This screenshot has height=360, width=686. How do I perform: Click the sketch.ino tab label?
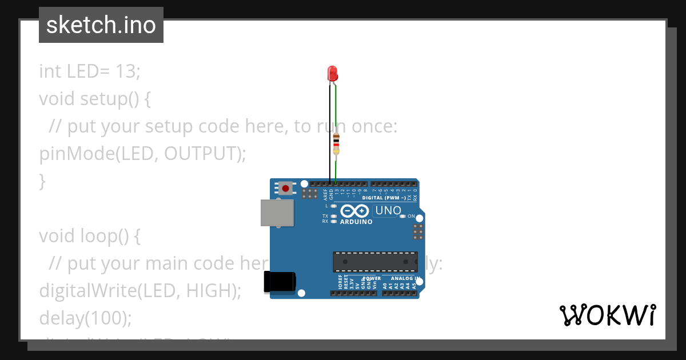pyautogui.click(x=101, y=25)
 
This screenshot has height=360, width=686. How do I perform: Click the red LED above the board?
pyautogui.click(x=333, y=73)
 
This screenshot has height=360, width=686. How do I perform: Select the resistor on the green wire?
pyautogui.click(x=336, y=142)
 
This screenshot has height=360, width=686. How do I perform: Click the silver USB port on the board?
pyautogui.click(x=277, y=213)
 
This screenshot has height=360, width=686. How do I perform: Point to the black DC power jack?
pyautogui.click(x=279, y=282)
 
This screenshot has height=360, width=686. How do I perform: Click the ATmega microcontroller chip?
pyautogui.click(x=375, y=261)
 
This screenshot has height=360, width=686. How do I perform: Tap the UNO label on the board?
pyautogui.click(x=388, y=211)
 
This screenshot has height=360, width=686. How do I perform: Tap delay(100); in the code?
pyautogui.click(x=85, y=318)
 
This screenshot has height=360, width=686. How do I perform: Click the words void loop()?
pyautogui.click(x=89, y=236)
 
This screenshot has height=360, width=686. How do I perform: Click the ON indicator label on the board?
pyautogui.click(x=411, y=217)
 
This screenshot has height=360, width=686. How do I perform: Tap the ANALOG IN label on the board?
pyautogui.click(x=405, y=278)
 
